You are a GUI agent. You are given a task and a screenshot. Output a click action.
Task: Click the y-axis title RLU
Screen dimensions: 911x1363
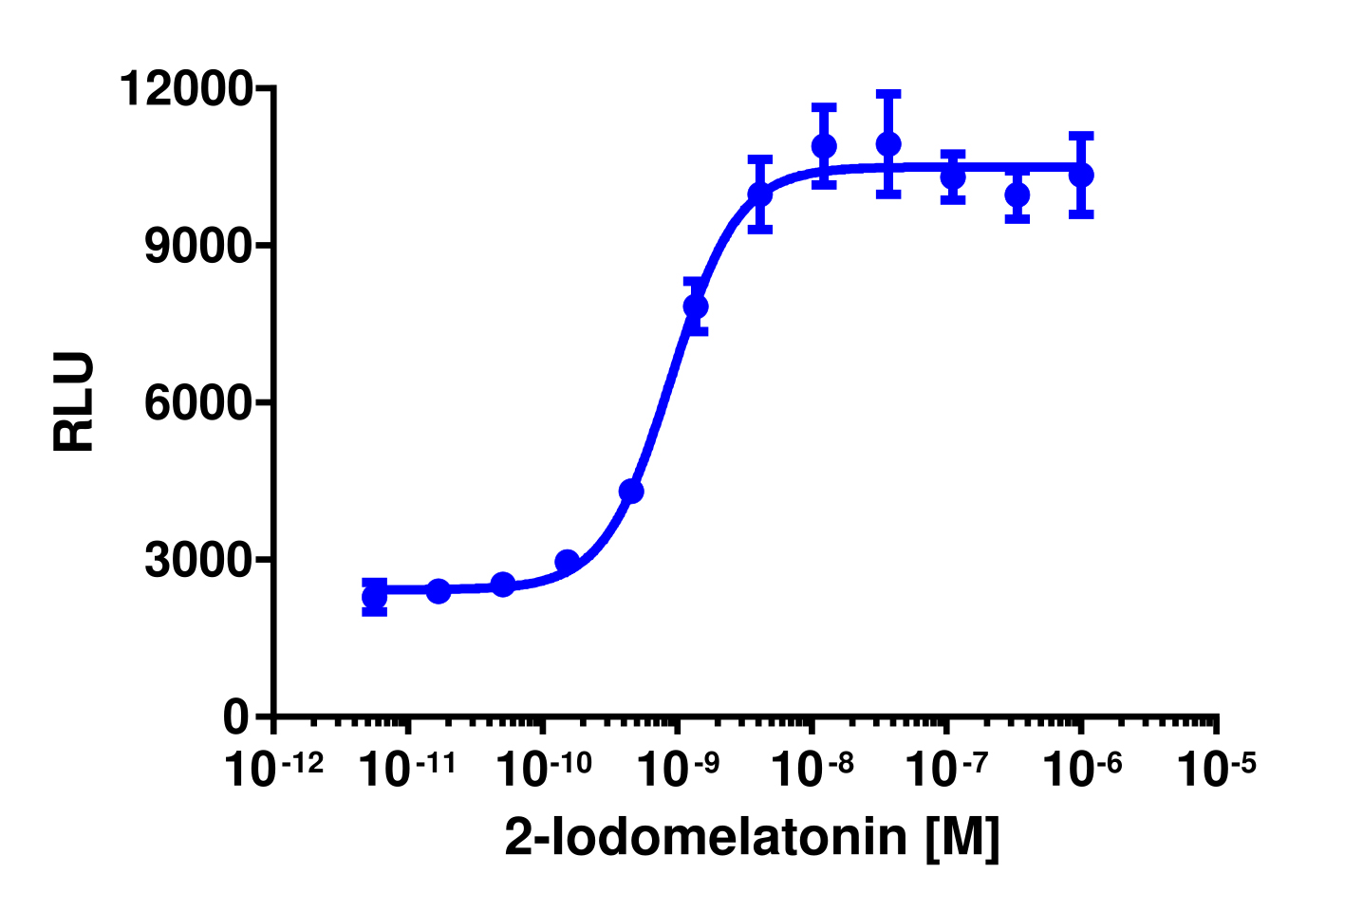pyautogui.click(x=74, y=401)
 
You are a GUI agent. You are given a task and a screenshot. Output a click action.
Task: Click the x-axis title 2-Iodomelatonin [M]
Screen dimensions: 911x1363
pyautogui.click(x=752, y=837)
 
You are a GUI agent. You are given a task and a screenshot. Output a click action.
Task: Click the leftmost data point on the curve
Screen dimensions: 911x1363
pyautogui.click(x=375, y=598)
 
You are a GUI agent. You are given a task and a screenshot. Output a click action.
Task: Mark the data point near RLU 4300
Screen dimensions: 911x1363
pyautogui.click(x=631, y=491)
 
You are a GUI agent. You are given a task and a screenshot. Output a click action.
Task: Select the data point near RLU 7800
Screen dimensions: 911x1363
pyautogui.click(x=696, y=307)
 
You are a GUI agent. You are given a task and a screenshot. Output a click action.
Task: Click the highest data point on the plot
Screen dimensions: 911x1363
pyautogui.click(x=888, y=144)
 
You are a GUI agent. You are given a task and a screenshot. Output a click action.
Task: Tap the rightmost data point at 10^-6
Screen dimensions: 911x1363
pyautogui.click(x=1081, y=175)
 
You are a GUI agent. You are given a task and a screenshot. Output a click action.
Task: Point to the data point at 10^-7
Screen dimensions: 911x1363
pyautogui.click(x=953, y=177)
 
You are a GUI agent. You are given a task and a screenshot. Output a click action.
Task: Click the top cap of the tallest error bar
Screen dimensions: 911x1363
pyautogui.click(x=888, y=93)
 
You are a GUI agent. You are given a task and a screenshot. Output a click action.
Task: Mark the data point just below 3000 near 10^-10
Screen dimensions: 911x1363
pyautogui.click(x=567, y=562)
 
